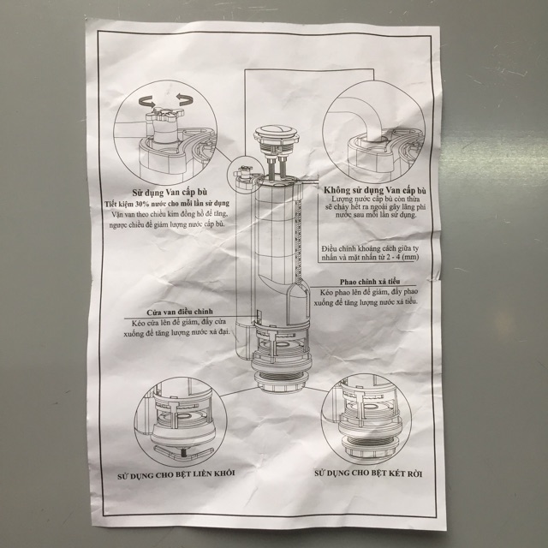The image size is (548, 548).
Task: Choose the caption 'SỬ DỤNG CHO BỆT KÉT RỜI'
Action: pyautogui.click(x=368, y=472)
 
